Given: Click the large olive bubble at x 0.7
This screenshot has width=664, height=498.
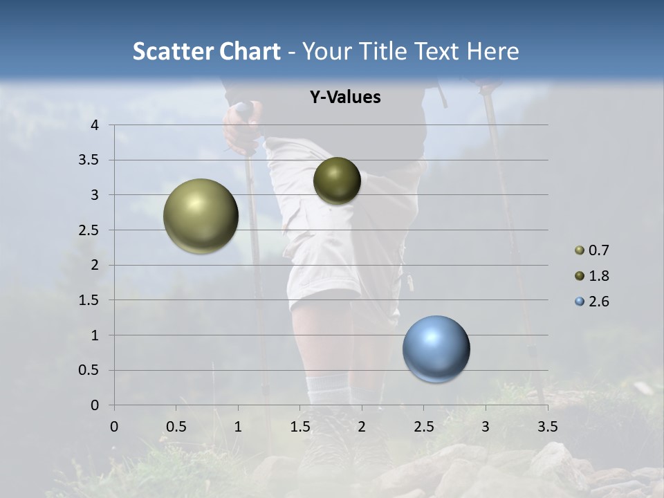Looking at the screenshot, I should [x=201, y=216].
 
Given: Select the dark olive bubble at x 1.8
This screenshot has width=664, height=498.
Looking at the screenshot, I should [x=337, y=181].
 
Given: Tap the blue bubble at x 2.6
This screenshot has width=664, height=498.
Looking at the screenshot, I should [x=436, y=349].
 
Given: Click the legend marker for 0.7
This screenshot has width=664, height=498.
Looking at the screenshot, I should [x=580, y=250].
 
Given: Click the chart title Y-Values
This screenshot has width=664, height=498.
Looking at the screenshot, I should [x=344, y=98].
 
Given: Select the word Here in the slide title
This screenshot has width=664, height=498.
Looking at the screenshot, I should [x=492, y=51].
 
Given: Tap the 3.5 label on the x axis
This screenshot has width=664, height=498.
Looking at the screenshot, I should [x=547, y=427].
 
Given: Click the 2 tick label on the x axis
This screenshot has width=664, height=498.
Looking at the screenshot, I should [x=362, y=427].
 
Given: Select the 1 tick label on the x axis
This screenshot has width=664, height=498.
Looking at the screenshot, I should [x=238, y=427].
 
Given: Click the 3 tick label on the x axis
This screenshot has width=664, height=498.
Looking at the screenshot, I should [x=486, y=427].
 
